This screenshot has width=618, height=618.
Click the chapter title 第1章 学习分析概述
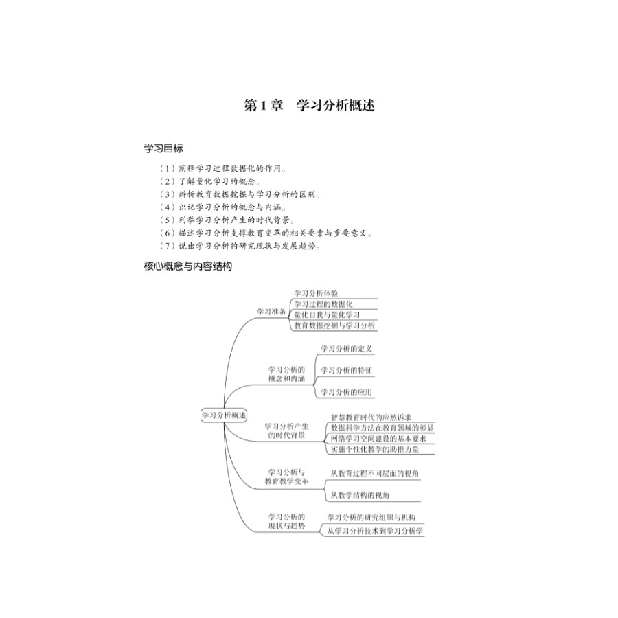(x=309, y=106)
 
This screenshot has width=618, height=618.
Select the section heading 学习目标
(x=163, y=148)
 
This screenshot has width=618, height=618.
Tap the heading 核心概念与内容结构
(x=188, y=266)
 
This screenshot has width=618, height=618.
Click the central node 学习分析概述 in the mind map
(x=224, y=415)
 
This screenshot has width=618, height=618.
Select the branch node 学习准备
(x=271, y=311)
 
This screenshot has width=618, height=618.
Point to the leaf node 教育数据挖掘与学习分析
(x=334, y=325)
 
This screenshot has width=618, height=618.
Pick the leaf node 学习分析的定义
(x=347, y=349)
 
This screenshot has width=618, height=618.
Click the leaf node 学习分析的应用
(x=347, y=392)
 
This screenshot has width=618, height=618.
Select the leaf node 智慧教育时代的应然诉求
(x=371, y=417)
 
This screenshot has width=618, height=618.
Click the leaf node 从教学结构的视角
(x=360, y=494)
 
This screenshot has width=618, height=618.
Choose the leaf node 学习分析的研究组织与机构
(x=371, y=517)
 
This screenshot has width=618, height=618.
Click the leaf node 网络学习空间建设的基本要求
(x=378, y=438)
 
